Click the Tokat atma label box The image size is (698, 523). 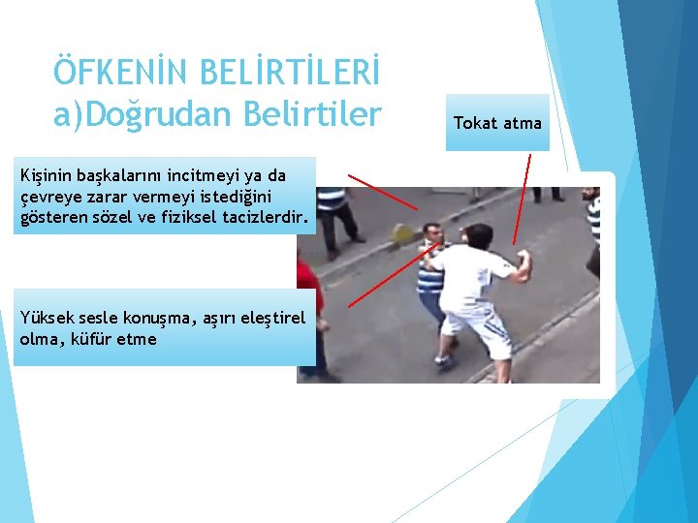point(497,123)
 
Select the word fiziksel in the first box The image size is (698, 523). point(195,219)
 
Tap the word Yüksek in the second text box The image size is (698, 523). point(45,318)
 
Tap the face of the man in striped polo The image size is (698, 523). point(433,235)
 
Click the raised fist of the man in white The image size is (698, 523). point(525,261)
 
